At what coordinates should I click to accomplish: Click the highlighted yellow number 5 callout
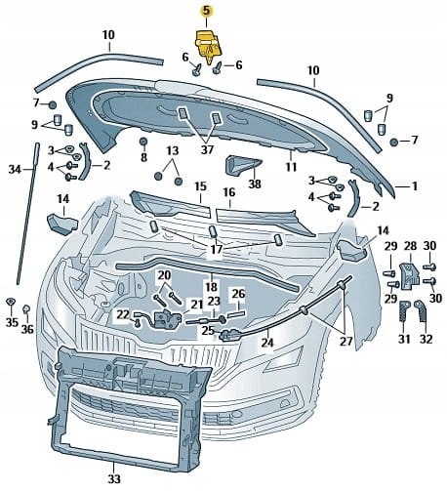point(207,11)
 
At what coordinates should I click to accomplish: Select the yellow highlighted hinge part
point(208,46)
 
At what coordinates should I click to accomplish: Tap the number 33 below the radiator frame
point(114,478)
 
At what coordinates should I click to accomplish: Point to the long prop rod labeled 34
point(27,213)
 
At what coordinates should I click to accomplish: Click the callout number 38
point(255,184)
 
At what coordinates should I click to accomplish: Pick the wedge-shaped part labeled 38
point(242,166)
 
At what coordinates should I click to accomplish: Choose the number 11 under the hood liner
point(291,167)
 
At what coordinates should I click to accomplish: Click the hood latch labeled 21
point(165,319)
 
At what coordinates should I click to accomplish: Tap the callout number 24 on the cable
point(267,343)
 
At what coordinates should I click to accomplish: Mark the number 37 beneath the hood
point(207,149)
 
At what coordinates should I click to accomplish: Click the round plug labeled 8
point(143,142)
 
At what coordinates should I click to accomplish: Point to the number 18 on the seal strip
point(211,287)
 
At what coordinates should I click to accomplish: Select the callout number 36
point(27,329)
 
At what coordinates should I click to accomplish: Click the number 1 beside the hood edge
point(415,186)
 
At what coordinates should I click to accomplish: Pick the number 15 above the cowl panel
point(201,186)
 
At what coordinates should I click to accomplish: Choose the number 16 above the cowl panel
point(229,192)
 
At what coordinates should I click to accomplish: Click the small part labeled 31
point(403,310)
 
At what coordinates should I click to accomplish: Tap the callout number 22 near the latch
point(123,314)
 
